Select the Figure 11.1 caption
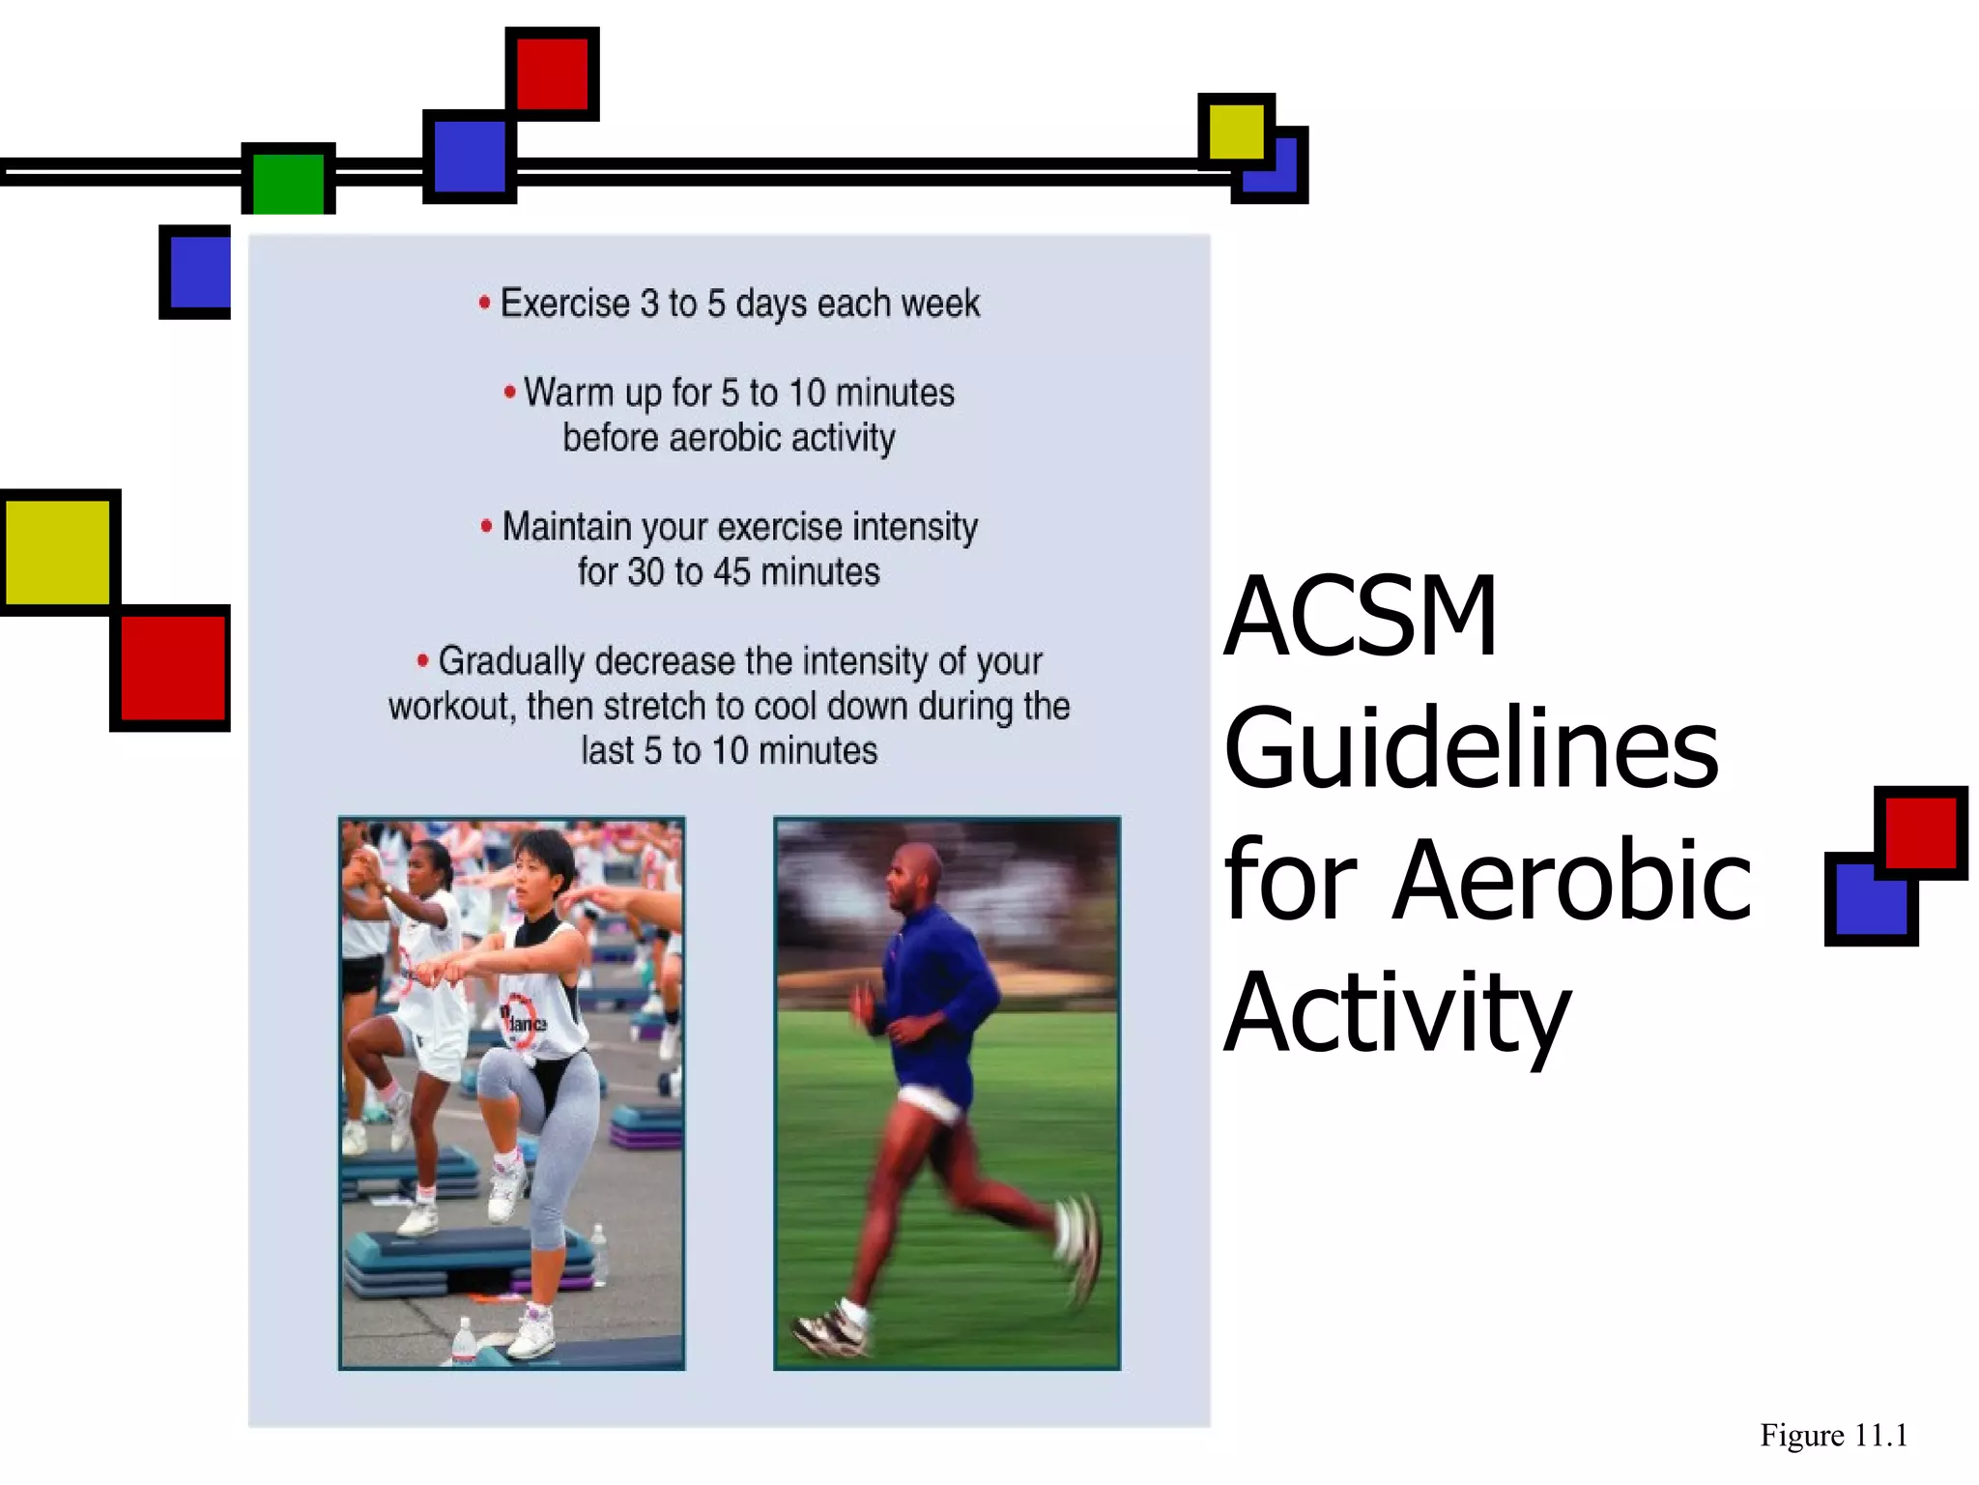tap(1833, 1436)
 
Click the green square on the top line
tap(288, 182)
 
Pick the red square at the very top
tap(552, 73)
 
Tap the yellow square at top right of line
tap(1235, 131)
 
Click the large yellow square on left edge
tap(58, 552)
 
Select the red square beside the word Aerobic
tap(1921, 831)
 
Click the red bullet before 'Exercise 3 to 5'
tap(485, 304)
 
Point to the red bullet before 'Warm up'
tap(509, 393)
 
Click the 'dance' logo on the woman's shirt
tap(524, 1021)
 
